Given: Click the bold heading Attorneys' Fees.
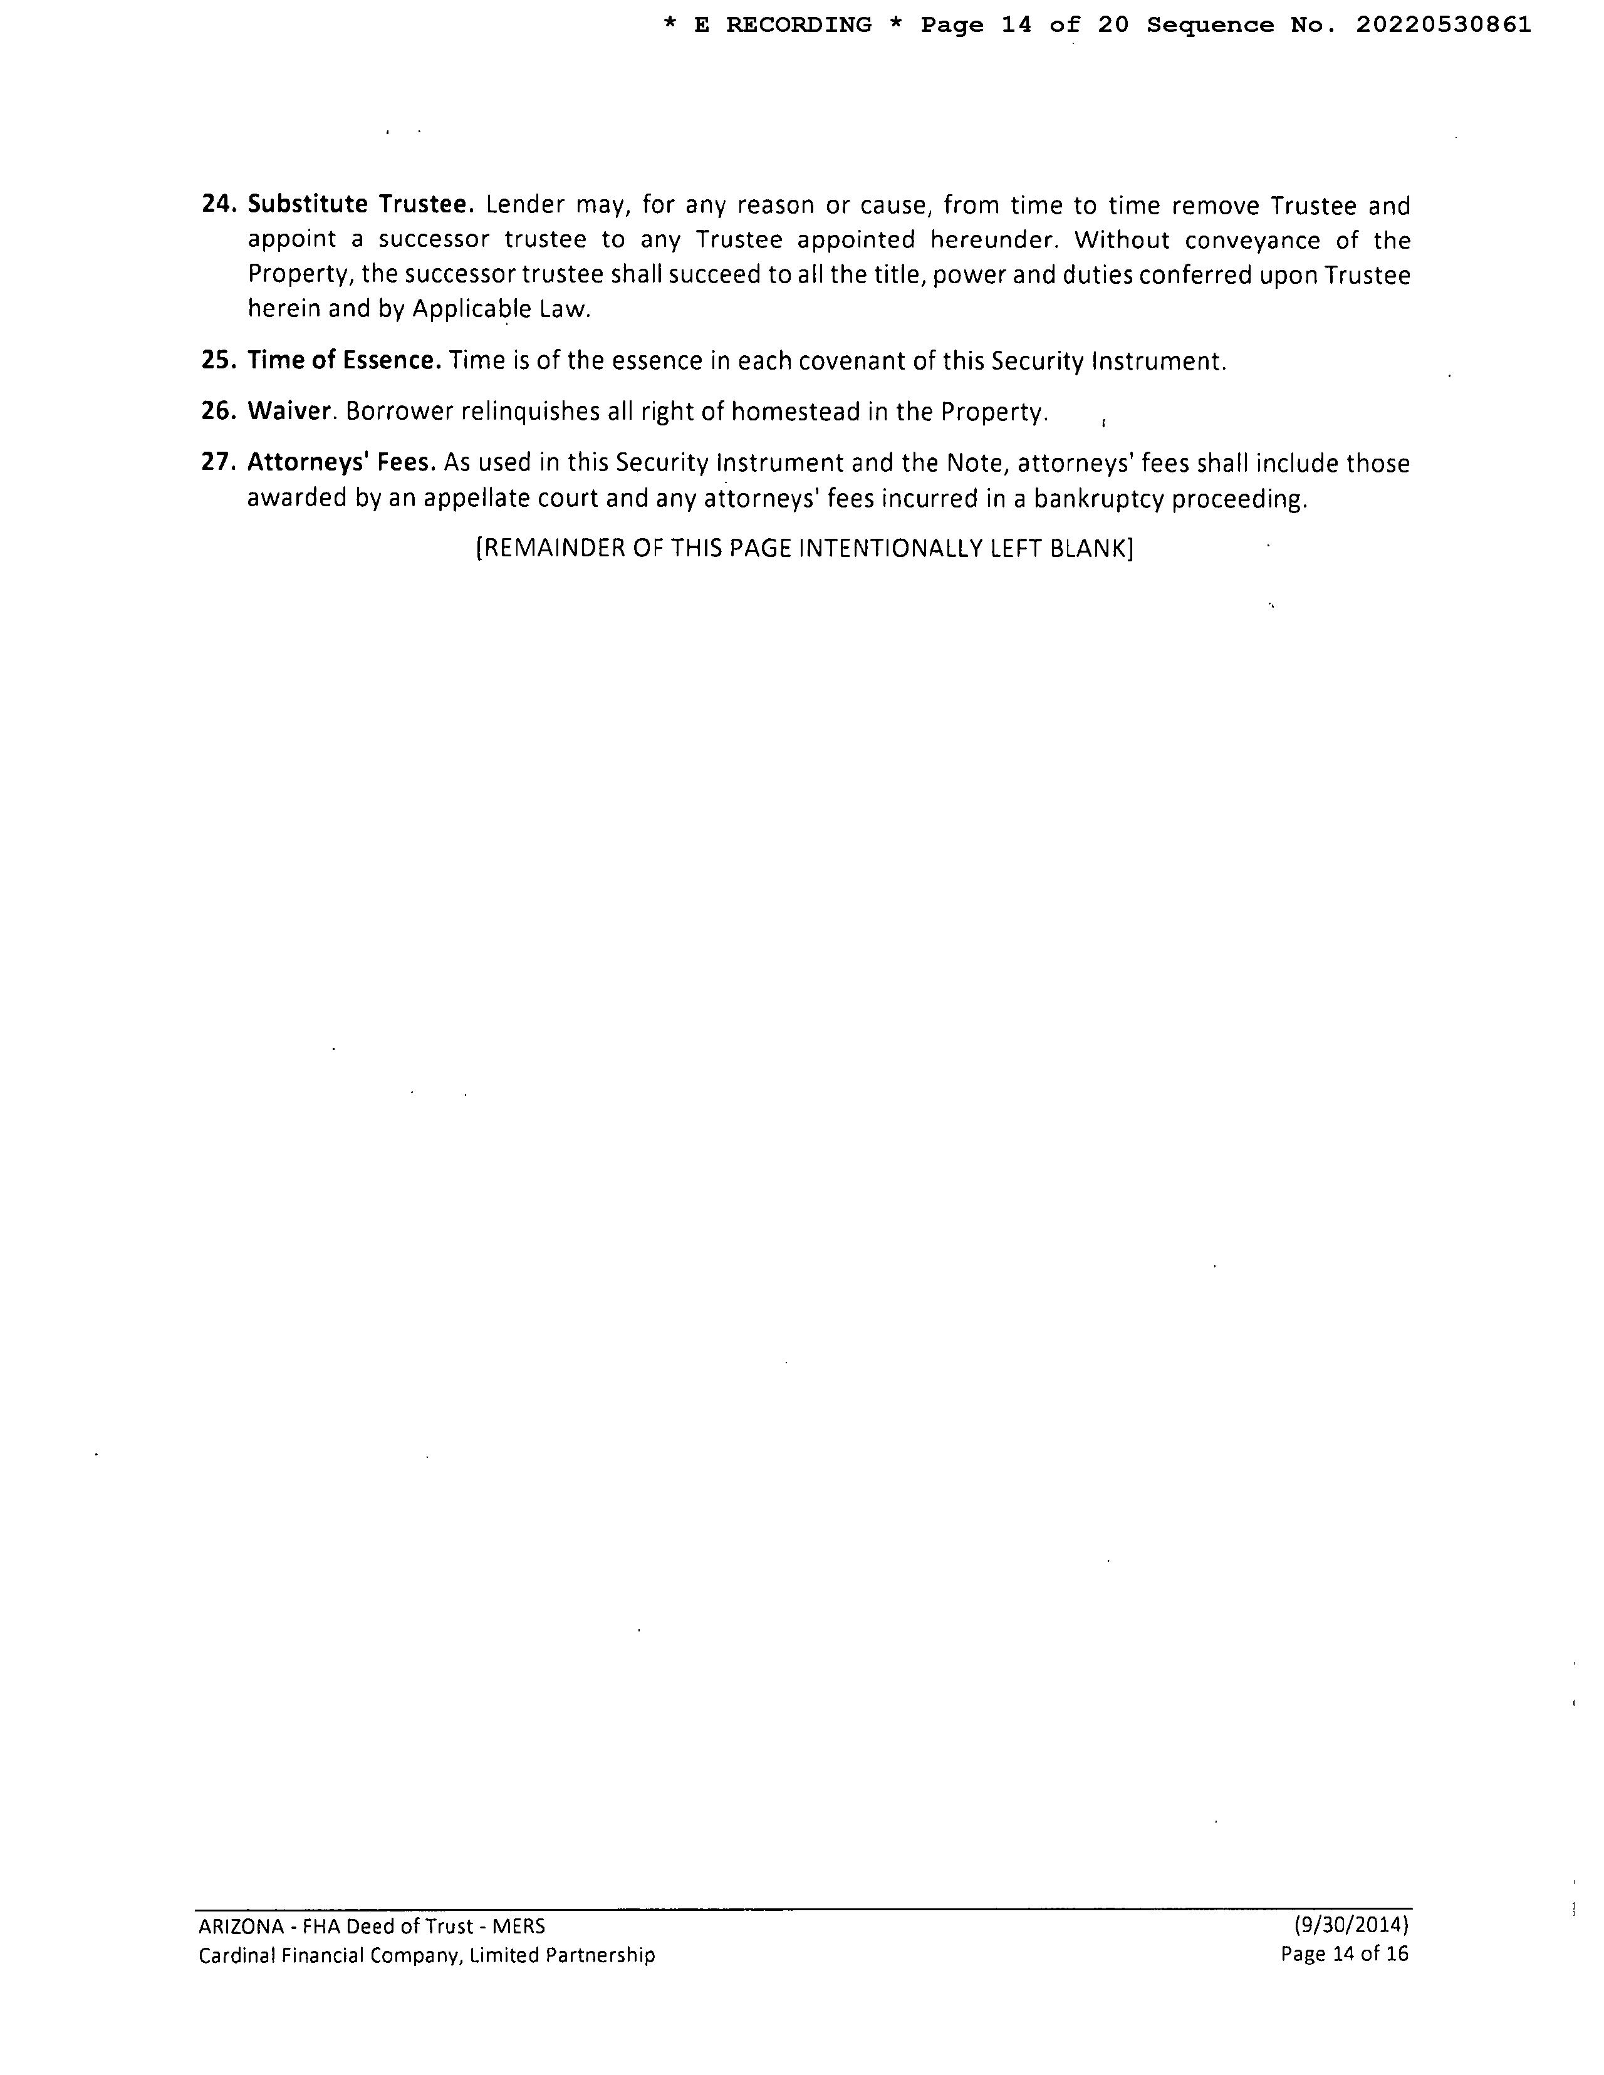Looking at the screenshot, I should click(x=341, y=463).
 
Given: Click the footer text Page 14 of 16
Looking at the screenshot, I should click(x=1345, y=1954).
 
